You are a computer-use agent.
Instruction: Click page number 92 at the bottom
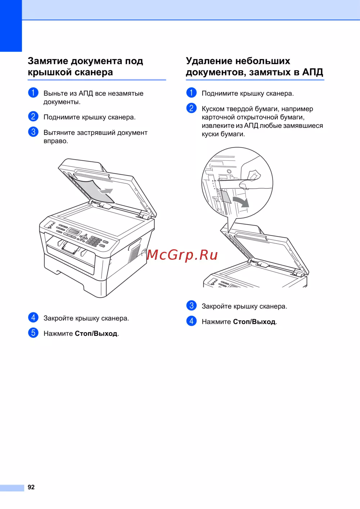click(31, 487)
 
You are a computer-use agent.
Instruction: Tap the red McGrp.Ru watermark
click(182, 255)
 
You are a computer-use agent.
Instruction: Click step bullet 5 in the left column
click(33, 333)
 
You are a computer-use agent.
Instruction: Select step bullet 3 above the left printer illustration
click(33, 132)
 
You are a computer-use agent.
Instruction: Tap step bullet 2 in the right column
click(192, 108)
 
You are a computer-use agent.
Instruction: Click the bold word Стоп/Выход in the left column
click(96, 334)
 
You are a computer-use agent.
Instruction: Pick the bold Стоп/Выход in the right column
click(254, 322)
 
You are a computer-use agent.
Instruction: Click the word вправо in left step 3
click(55, 141)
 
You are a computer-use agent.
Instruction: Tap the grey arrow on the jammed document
click(105, 191)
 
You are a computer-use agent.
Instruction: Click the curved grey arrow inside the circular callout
click(242, 202)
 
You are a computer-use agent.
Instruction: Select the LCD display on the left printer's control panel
click(75, 231)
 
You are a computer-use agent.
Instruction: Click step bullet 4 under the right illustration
click(192, 321)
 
